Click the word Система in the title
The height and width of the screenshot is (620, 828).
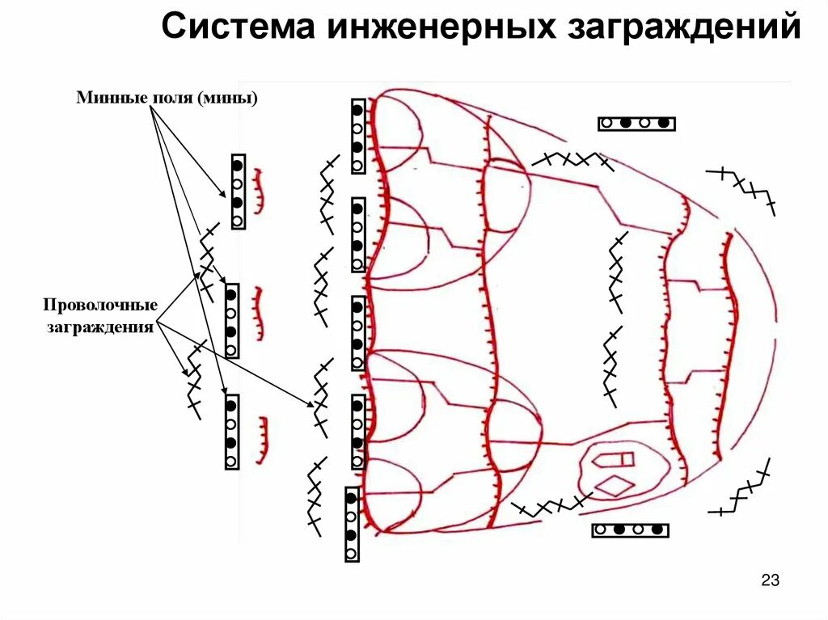235,28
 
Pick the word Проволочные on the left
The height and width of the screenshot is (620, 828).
99,308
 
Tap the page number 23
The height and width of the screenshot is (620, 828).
770,580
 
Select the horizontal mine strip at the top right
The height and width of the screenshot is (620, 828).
636,124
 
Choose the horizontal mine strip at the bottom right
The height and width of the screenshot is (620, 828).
631,530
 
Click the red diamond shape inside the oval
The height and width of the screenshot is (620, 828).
614,487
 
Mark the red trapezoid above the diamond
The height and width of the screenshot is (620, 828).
613,460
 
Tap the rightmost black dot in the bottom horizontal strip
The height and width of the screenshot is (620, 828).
657,530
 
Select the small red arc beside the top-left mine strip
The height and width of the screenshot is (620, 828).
259,191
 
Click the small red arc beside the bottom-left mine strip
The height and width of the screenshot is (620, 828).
263,441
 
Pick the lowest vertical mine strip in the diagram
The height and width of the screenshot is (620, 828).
351,524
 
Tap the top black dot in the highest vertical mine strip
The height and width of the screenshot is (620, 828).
357,109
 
